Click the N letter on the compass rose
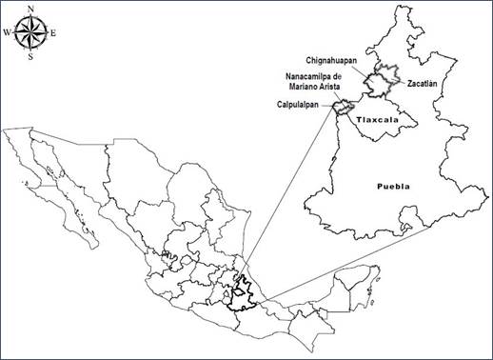pos(31,10)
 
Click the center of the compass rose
pos(31,33)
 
